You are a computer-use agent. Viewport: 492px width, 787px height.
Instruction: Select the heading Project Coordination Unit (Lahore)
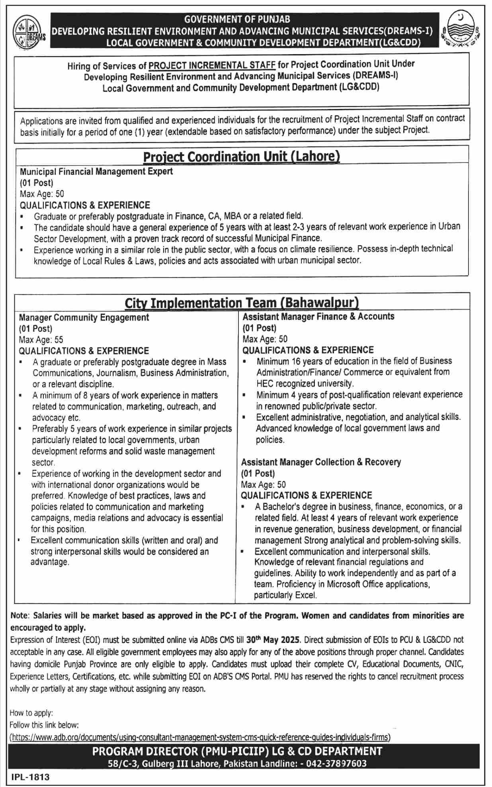click(x=241, y=156)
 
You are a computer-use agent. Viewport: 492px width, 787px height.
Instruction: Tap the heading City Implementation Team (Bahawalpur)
click(x=242, y=303)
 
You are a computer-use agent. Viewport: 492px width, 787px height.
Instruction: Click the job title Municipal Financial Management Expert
click(x=96, y=171)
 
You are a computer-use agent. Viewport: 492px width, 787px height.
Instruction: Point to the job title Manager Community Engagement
click(x=84, y=318)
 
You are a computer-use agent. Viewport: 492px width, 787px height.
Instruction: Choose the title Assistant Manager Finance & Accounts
click(x=318, y=317)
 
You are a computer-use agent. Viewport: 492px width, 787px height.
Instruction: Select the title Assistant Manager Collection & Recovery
click(x=321, y=462)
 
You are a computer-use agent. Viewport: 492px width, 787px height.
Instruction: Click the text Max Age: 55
click(x=41, y=340)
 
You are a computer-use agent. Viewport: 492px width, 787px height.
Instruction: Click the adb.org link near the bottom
click(x=200, y=737)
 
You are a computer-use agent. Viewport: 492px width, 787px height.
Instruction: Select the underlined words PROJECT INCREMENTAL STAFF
click(x=212, y=66)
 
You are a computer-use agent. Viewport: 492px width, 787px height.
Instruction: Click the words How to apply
click(x=31, y=713)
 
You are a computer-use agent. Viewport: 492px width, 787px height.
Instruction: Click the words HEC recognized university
click(x=305, y=384)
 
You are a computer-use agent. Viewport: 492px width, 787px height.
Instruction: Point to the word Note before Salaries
click(x=20, y=616)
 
